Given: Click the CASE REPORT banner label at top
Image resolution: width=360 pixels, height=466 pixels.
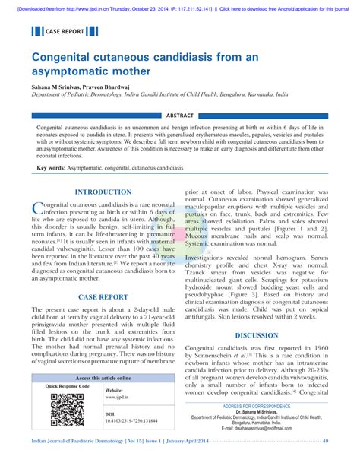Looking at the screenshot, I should tap(60, 32).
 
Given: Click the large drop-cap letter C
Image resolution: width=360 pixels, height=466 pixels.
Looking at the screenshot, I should tap(38, 209).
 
